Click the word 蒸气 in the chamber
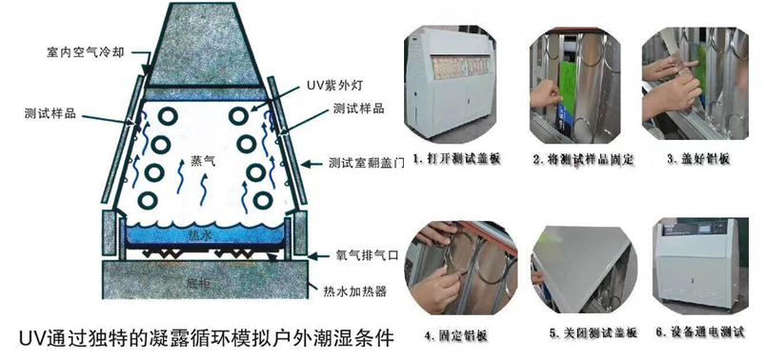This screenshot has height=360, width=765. [x=202, y=162]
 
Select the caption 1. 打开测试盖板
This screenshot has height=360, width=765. [x=456, y=158]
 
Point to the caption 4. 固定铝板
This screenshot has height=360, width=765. [x=456, y=335]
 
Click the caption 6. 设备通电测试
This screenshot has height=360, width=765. [x=700, y=334]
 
